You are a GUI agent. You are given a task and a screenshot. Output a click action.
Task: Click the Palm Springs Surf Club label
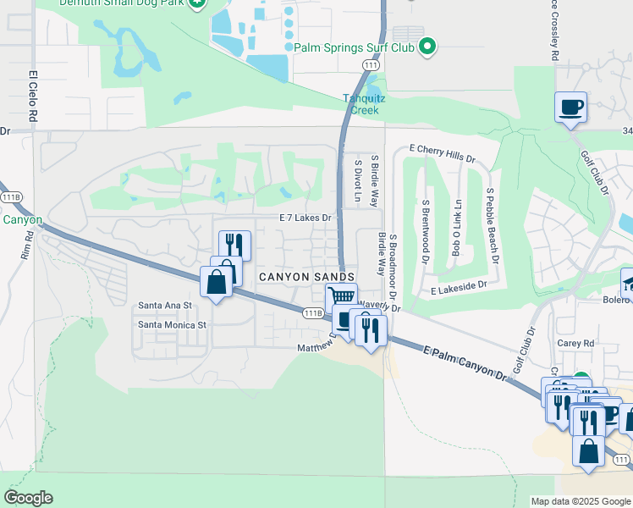(354, 47)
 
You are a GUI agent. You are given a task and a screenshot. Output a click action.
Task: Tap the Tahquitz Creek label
(364, 103)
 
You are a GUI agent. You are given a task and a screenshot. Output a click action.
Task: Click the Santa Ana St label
(166, 305)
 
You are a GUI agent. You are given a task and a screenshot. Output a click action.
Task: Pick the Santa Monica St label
(173, 324)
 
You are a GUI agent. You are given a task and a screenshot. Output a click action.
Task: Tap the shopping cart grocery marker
(340, 296)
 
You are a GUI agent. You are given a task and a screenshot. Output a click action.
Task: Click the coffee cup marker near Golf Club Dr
(570, 107)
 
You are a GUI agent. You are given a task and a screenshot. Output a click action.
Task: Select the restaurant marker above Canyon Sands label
(234, 245)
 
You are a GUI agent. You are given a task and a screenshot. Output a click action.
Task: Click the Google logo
(28, 498)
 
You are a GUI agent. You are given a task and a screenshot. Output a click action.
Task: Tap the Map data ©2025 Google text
(580, 501)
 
